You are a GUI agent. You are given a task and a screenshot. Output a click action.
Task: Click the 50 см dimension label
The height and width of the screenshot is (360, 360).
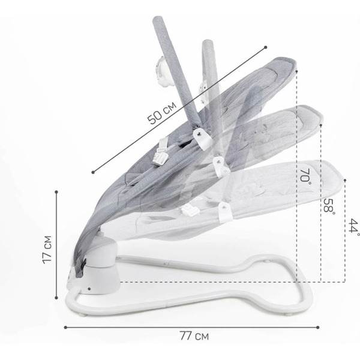[x=161, y=113]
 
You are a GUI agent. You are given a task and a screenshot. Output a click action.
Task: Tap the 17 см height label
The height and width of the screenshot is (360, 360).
[x=47, y=250]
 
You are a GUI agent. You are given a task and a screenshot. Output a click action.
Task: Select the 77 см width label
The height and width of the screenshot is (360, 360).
[x=194, y=336]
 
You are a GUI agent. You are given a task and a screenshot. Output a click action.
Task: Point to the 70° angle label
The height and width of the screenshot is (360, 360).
[x=305, y=176]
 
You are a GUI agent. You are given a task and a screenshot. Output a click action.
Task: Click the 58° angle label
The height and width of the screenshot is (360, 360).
[x=329, y=205]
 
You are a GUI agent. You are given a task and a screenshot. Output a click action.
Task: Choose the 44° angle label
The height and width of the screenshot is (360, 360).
[x=354, y=226]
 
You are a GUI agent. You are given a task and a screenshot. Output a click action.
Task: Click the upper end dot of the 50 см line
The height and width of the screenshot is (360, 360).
[x=265, y=47]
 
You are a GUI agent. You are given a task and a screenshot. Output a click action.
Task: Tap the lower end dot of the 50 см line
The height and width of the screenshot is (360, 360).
[x=93, y=172]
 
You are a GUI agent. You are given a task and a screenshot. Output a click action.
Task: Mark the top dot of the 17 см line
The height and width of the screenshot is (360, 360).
[x=56, y=192]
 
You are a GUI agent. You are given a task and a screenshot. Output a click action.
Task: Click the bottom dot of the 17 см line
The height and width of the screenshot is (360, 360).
[x=56, y=298]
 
